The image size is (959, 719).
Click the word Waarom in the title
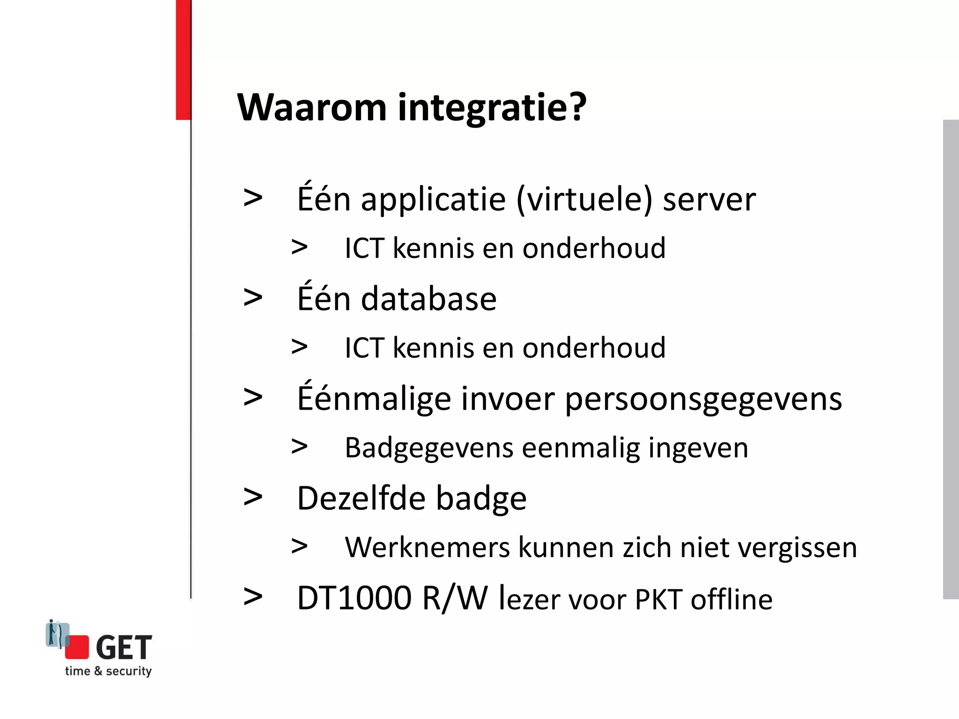pyautogui.click(x=312, y=107)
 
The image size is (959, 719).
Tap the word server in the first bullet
pyautogui.click(x=709, y=200)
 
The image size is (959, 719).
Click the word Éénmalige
pyautogui.click(x=373, y=399)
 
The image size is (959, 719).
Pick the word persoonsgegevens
pyautogui.click(x=703, y=400)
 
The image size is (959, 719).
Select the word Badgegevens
pyautogui.click(x=429, y=448)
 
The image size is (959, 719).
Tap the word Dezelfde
pyautogui.click(x=360, y=498)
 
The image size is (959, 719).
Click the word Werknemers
pyautogui.click(x=427, y=548)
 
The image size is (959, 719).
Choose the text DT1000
pyautogui.click(x=354, y=598)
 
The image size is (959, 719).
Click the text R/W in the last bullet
pyautogui.click(x=455, y=598)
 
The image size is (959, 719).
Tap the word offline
pyautogui.click(x=731, y=599)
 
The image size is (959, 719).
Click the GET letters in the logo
pyautogui.click(x=124, y=647)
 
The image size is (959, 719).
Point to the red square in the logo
pyautogui.click(x=77, y=647)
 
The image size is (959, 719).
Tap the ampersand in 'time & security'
pyautogui.click(x=98, y=671)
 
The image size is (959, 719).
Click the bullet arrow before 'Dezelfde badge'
pyautogui.click(x=253, y=497)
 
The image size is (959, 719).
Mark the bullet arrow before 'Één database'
pyautogui.click(x=253, y=298)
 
